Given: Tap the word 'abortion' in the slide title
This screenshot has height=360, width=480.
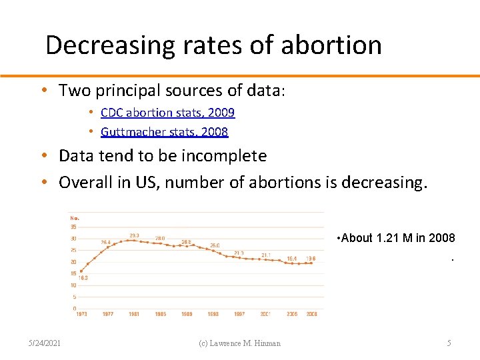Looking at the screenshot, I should tap(331, 45).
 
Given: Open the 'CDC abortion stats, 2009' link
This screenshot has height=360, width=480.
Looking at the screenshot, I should tap(167, 113).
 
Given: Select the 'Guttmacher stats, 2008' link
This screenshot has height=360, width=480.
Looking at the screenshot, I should tap(164, 132).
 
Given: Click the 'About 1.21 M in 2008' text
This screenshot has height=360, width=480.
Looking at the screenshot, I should tap(397, 238).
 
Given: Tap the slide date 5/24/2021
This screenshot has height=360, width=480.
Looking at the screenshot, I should tap(45, 343).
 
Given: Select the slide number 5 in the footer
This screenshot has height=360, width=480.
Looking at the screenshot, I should tap(449, 343).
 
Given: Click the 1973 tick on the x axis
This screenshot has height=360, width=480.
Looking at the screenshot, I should tap(81, 314).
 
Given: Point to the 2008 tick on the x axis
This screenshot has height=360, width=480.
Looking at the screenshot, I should tap(311, 314).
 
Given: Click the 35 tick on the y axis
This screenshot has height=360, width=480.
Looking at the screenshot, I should tap(73, 227).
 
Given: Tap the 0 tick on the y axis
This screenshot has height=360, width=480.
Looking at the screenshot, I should tap(74, 308).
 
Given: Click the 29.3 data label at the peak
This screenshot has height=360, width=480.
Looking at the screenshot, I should tap(134, 235).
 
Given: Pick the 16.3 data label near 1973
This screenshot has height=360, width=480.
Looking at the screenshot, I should tap(83, 277).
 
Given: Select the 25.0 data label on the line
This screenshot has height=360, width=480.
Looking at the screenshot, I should tap(215, 245).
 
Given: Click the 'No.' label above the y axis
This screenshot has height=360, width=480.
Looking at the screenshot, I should tap(74, 217).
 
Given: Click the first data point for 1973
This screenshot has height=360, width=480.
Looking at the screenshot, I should tap(81, 271).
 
